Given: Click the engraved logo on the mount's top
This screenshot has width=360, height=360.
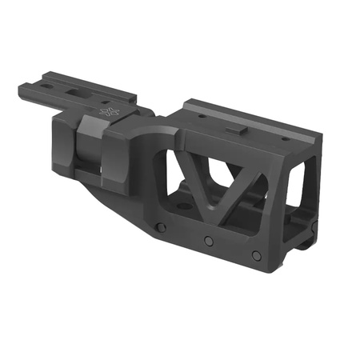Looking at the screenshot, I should click(x=107, y=113).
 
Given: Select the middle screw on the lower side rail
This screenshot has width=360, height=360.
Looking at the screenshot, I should click(x=209, y=240).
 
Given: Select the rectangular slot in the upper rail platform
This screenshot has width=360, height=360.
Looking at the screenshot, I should click(x=73, y=95).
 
